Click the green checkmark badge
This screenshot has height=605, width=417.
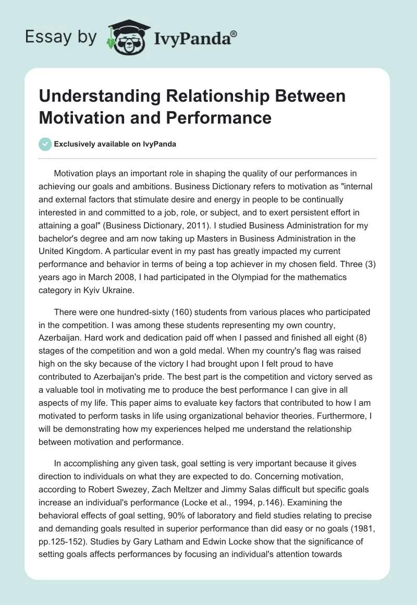[x=46, y=144]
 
